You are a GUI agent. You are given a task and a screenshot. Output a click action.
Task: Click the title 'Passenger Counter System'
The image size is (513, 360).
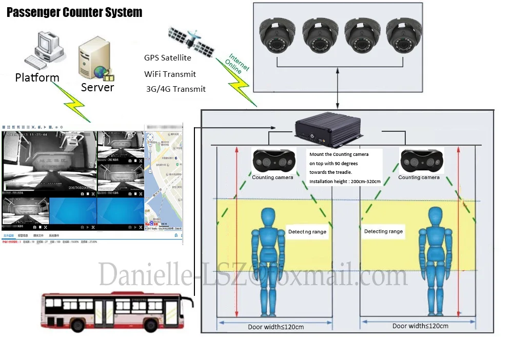click(x=74, y=12)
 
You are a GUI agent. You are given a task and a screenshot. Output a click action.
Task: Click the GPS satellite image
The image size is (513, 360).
click(x=191, y=39)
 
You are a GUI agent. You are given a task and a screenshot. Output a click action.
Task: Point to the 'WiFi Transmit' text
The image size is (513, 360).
click(x=170, y=74)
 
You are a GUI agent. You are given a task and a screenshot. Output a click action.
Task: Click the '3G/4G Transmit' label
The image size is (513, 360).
click(x=176, y=89)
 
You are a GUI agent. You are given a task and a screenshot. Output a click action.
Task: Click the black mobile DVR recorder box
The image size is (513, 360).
click(x=326, y=131)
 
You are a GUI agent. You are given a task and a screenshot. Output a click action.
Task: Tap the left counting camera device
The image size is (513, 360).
click(x=272, y=161)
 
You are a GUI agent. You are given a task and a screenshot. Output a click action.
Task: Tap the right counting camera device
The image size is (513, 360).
click(x=420, y=161)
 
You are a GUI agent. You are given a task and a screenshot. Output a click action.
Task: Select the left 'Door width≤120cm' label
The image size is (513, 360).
click(x=275, y=327)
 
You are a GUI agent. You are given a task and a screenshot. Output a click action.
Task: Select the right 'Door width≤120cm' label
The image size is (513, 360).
click(x=420, y=326)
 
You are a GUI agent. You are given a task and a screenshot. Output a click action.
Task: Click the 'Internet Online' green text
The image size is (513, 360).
click(x=238, y=64)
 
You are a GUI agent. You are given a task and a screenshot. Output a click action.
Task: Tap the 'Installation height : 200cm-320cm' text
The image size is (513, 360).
click(x=345, y=181)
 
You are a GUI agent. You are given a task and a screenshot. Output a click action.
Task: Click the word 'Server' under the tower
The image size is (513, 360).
click(x=97, y=88)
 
